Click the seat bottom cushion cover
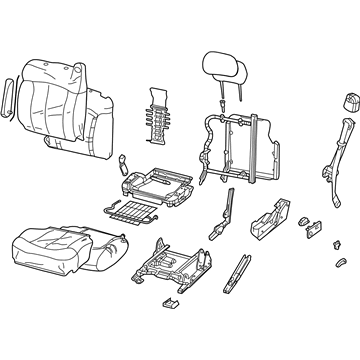(45, 250)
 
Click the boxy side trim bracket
(271, 221)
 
